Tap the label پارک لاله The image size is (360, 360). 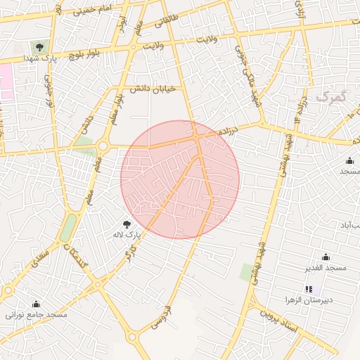pos(129,233)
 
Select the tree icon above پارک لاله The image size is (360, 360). pos(127,222)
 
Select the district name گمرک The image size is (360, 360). pos(331,96)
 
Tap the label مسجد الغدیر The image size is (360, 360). pos(326,268)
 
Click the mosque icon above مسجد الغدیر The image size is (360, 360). pos(325,257)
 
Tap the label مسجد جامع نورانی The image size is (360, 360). pos(36,314)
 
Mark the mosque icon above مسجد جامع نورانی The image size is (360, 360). pos(36,304)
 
